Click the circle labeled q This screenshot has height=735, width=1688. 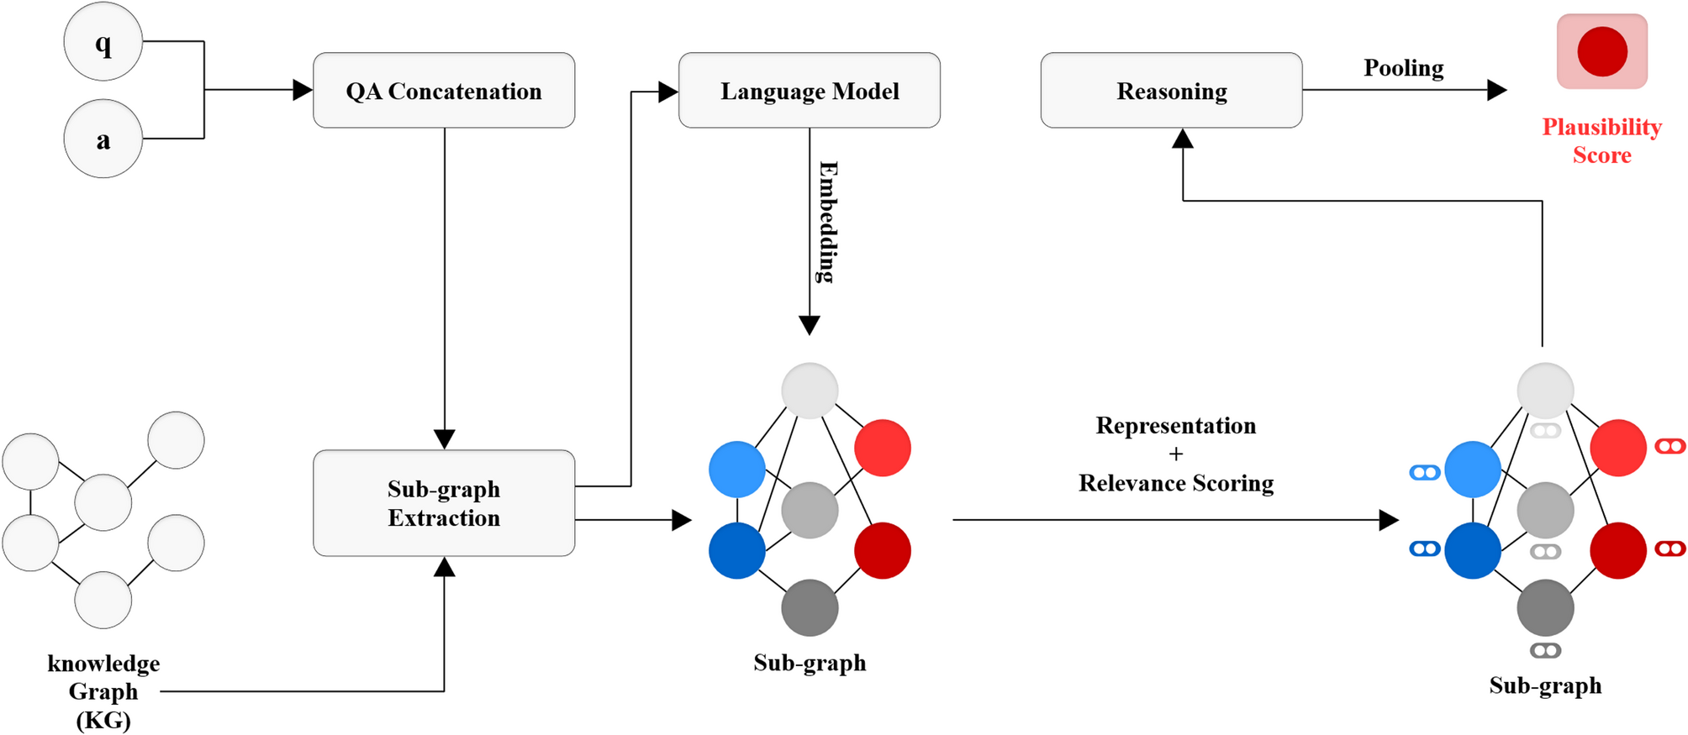tap(103, 42)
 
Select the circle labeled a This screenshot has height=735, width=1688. tap(103, 139)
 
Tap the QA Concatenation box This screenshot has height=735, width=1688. tap(444, 91)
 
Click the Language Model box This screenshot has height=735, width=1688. tap(809, 91)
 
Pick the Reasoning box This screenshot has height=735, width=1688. tap(1171, 91)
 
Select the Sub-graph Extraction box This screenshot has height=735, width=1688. tap(444, 503)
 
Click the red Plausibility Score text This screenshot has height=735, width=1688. tap(1601, 141)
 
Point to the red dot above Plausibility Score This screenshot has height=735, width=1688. tap(1602, 51)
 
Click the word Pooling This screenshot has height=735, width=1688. tap(1403, 68)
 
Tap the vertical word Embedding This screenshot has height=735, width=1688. tap(827, 222)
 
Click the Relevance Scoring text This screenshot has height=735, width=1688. tap(1176, 483)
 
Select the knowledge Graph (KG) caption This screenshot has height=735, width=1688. tap(103, 691)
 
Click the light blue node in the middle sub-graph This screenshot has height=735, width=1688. tap(737, 470)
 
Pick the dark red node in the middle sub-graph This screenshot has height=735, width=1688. tap(883, 551)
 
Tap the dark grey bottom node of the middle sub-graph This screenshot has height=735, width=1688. tap(810, 607)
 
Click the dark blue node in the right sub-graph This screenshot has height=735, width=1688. tap(1473, 551)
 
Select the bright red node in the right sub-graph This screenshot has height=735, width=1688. tap(1618, 448)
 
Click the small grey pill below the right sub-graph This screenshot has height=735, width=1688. tap(1545, 650)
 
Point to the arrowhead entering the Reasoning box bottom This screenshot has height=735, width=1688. tap(1183, 139)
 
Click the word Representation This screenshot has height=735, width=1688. tap(1175, 426)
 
